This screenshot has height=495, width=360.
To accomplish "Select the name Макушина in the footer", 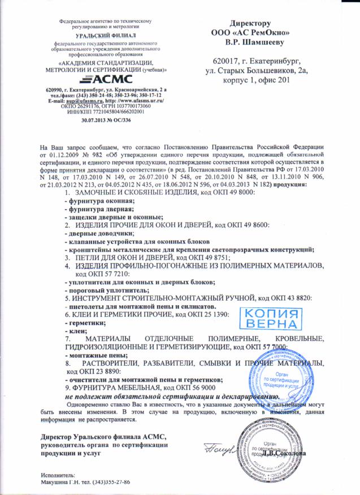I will tap(60, 483).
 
